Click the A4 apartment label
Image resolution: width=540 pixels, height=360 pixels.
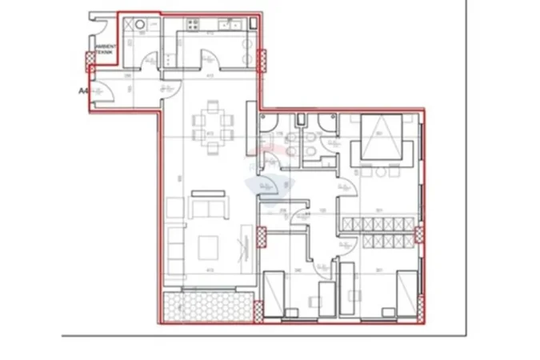[x=82, y=91]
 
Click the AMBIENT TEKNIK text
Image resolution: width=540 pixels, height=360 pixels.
[x=106, y=50]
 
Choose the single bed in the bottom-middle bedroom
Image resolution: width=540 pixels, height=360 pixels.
[x=274, y=291]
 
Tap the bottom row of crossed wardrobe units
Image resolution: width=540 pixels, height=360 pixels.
[x=378, y=241]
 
